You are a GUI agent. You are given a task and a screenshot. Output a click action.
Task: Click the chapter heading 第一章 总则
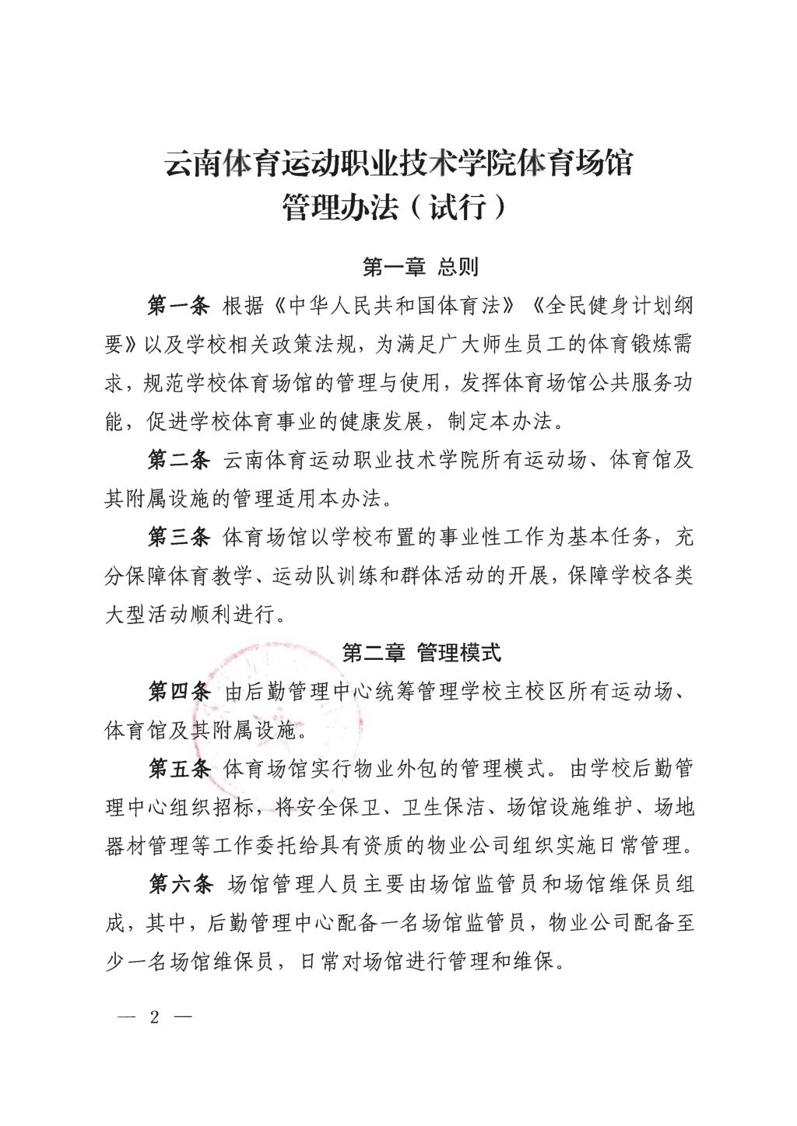click(x=420, y=268)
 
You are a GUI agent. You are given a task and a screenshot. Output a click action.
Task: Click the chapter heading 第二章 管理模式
click(x=422, y=652)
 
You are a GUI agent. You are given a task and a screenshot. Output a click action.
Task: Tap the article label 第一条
click(x=178, y=306)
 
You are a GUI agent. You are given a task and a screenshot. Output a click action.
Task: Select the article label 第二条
click(x=178, y=460)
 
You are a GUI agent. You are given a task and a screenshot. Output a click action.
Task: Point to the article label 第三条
click(x=178, y=537)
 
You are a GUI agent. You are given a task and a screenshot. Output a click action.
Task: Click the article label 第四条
click(x=178, y=691)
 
